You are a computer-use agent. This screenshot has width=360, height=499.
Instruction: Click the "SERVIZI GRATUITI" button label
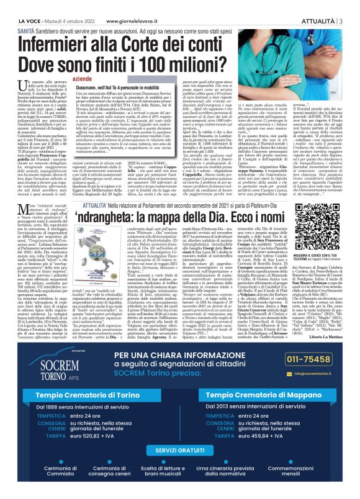pos(181,448)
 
